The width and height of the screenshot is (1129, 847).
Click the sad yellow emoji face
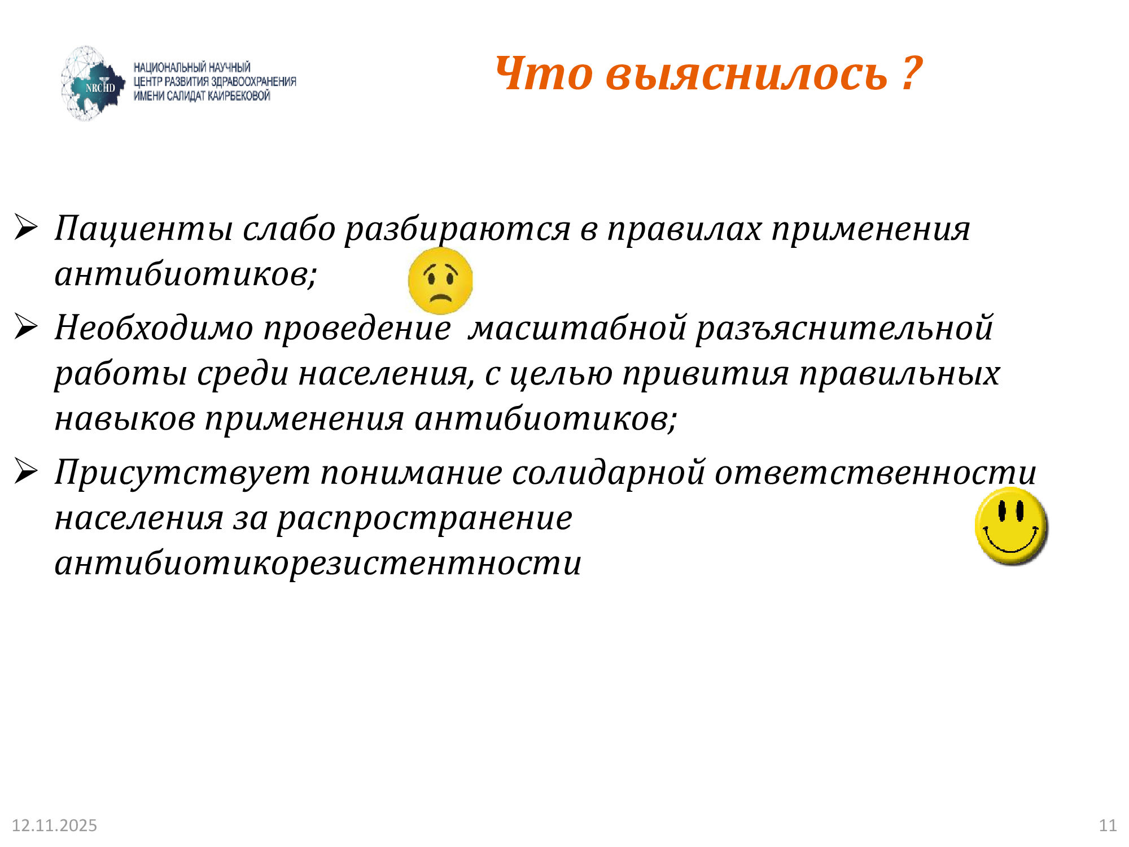(x=440, y=281)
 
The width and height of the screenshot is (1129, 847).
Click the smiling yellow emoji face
(x=1011, y=526)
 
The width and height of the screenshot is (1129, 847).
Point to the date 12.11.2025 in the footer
(x=54, y=826)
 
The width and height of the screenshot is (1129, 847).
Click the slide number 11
(x=1108, y=826)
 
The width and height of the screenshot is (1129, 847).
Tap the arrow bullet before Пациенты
(x=26, y=228)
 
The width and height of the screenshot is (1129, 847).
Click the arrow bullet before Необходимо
(x=26, y=327)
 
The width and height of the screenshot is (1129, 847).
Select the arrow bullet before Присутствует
(x=26, y=471)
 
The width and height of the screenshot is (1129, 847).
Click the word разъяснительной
(x=844, y=328)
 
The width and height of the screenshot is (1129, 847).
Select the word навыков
(x=125, y=419)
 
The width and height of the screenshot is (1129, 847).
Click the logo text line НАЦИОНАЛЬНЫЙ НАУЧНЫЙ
(x=192, y=67)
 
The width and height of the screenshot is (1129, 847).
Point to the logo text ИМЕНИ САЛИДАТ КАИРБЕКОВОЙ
(x=202, y=96)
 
